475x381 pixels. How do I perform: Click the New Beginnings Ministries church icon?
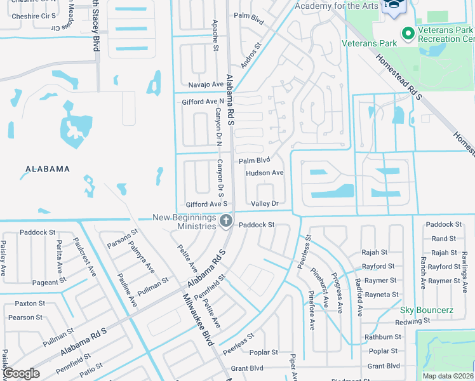click(225, 221)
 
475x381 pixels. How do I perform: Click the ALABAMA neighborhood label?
click(47, 169)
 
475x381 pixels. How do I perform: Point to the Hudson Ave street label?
click(264, 173)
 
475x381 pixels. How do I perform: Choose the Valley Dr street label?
click(265, 204)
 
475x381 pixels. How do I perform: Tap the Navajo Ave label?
click(206, 84)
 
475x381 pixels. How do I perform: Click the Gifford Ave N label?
click(203, 101)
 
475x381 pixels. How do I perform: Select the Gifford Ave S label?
click(206, 204)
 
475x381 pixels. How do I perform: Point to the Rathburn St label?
click(384, 337)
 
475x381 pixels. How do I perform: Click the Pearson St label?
click(25, 317)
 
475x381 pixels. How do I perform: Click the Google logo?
click(21, 374)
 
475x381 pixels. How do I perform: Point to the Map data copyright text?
click(448, 376)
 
